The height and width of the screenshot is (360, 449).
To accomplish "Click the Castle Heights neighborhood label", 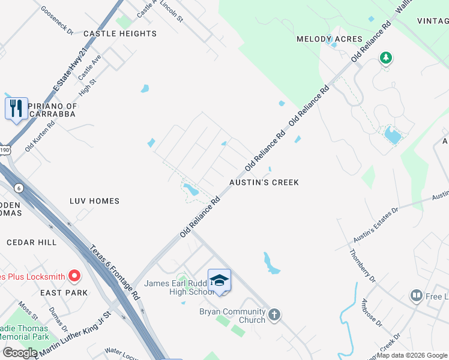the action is click(120, 34).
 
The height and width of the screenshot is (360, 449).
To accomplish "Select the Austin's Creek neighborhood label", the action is click(264, 182).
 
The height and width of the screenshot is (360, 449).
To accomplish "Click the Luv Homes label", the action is click(95, 201).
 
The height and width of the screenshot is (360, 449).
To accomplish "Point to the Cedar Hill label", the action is click(31, 242).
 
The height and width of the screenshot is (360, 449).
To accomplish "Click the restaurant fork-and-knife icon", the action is click(17, 109).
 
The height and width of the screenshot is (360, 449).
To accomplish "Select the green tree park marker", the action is click(385, 58).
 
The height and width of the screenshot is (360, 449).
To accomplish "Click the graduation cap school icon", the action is click(219, 280).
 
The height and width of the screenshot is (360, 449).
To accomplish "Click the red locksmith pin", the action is click(74, 276).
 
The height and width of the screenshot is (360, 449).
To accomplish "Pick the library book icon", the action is click(416, 295).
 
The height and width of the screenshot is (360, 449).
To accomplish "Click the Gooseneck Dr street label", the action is click(56, 20).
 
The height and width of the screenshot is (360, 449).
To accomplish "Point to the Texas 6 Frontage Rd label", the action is click(115, 273).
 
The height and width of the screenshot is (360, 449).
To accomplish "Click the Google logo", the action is click(20, 352).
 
